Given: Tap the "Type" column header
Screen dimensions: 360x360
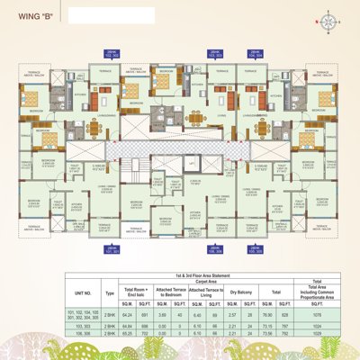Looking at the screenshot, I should [110, 292].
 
